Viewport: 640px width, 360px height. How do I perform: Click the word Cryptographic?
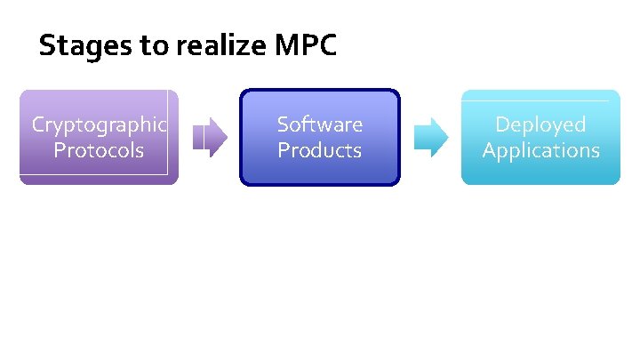pyautogui.click(x=99, y=124)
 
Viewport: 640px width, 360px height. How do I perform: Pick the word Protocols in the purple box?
pyautogui.click(x=99, y=150)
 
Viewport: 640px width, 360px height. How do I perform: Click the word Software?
pyautogui.click(x=320, y=124)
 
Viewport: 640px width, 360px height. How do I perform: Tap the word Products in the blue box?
pyautogui.click(x=320, y=150)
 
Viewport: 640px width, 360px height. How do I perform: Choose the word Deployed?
pyautogui.click(x=540, y=124)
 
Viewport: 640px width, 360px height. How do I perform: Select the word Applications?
pyautogui.click(x=540, y=150)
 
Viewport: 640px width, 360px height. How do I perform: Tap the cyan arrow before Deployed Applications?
pyautogui.click(x=432, y=136)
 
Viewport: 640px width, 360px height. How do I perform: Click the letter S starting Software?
pyautogui.click(x=283, y=124)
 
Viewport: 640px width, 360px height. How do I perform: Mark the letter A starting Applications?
pyautogui.click(x=489, y=150)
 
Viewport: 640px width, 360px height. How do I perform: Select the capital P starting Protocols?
pyautogui.click(x=60, y=150)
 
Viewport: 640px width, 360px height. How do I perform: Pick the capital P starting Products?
pyautogui.click(x=284, y=150)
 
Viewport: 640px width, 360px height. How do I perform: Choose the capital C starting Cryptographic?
pyautogui.click(x=38, y=124)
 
